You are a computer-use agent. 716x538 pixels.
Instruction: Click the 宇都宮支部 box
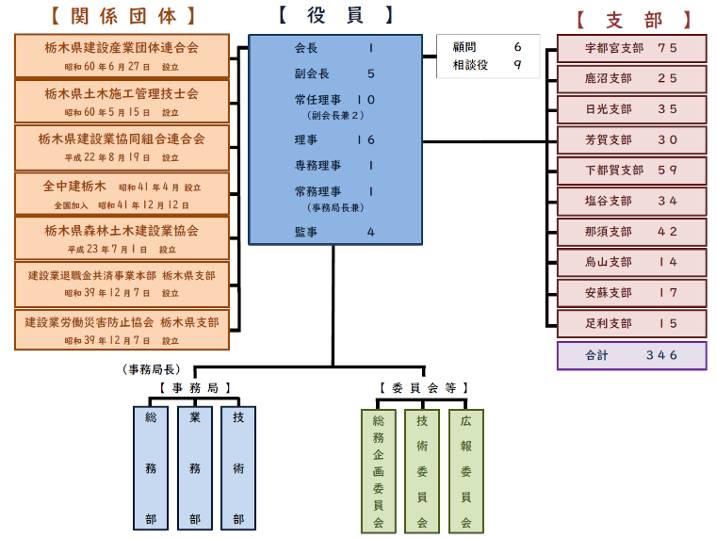[631, 48]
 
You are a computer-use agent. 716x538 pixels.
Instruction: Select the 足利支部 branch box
[631, 323]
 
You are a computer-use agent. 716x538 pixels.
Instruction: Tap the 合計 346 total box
[631, 355]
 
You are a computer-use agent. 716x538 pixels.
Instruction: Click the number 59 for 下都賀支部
[667, 171]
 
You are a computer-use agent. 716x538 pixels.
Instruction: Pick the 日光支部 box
[631, 109]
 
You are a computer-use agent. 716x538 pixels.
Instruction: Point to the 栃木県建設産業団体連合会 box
[122, 55]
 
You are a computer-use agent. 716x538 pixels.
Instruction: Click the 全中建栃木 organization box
[122, 192]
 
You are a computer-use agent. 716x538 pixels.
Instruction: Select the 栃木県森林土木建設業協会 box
[122, 237]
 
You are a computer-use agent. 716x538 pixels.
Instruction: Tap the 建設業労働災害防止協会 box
[122, 329]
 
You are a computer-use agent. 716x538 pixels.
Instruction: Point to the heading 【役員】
[335, 15]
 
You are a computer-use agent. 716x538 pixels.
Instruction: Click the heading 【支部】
[633, 19]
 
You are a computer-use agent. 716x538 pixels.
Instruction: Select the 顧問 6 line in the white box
[487, 46]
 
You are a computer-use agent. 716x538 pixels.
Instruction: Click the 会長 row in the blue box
[334, 48]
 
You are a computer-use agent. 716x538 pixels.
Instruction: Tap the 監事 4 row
[334, 232]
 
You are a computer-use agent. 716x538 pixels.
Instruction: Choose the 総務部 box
[151, 467]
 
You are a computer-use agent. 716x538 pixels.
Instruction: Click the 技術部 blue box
[238, 467]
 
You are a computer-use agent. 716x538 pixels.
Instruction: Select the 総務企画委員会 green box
[379, 470]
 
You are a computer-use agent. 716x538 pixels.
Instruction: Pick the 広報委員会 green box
[465, 470]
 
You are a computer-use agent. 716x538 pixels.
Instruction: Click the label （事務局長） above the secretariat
[152, 369]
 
